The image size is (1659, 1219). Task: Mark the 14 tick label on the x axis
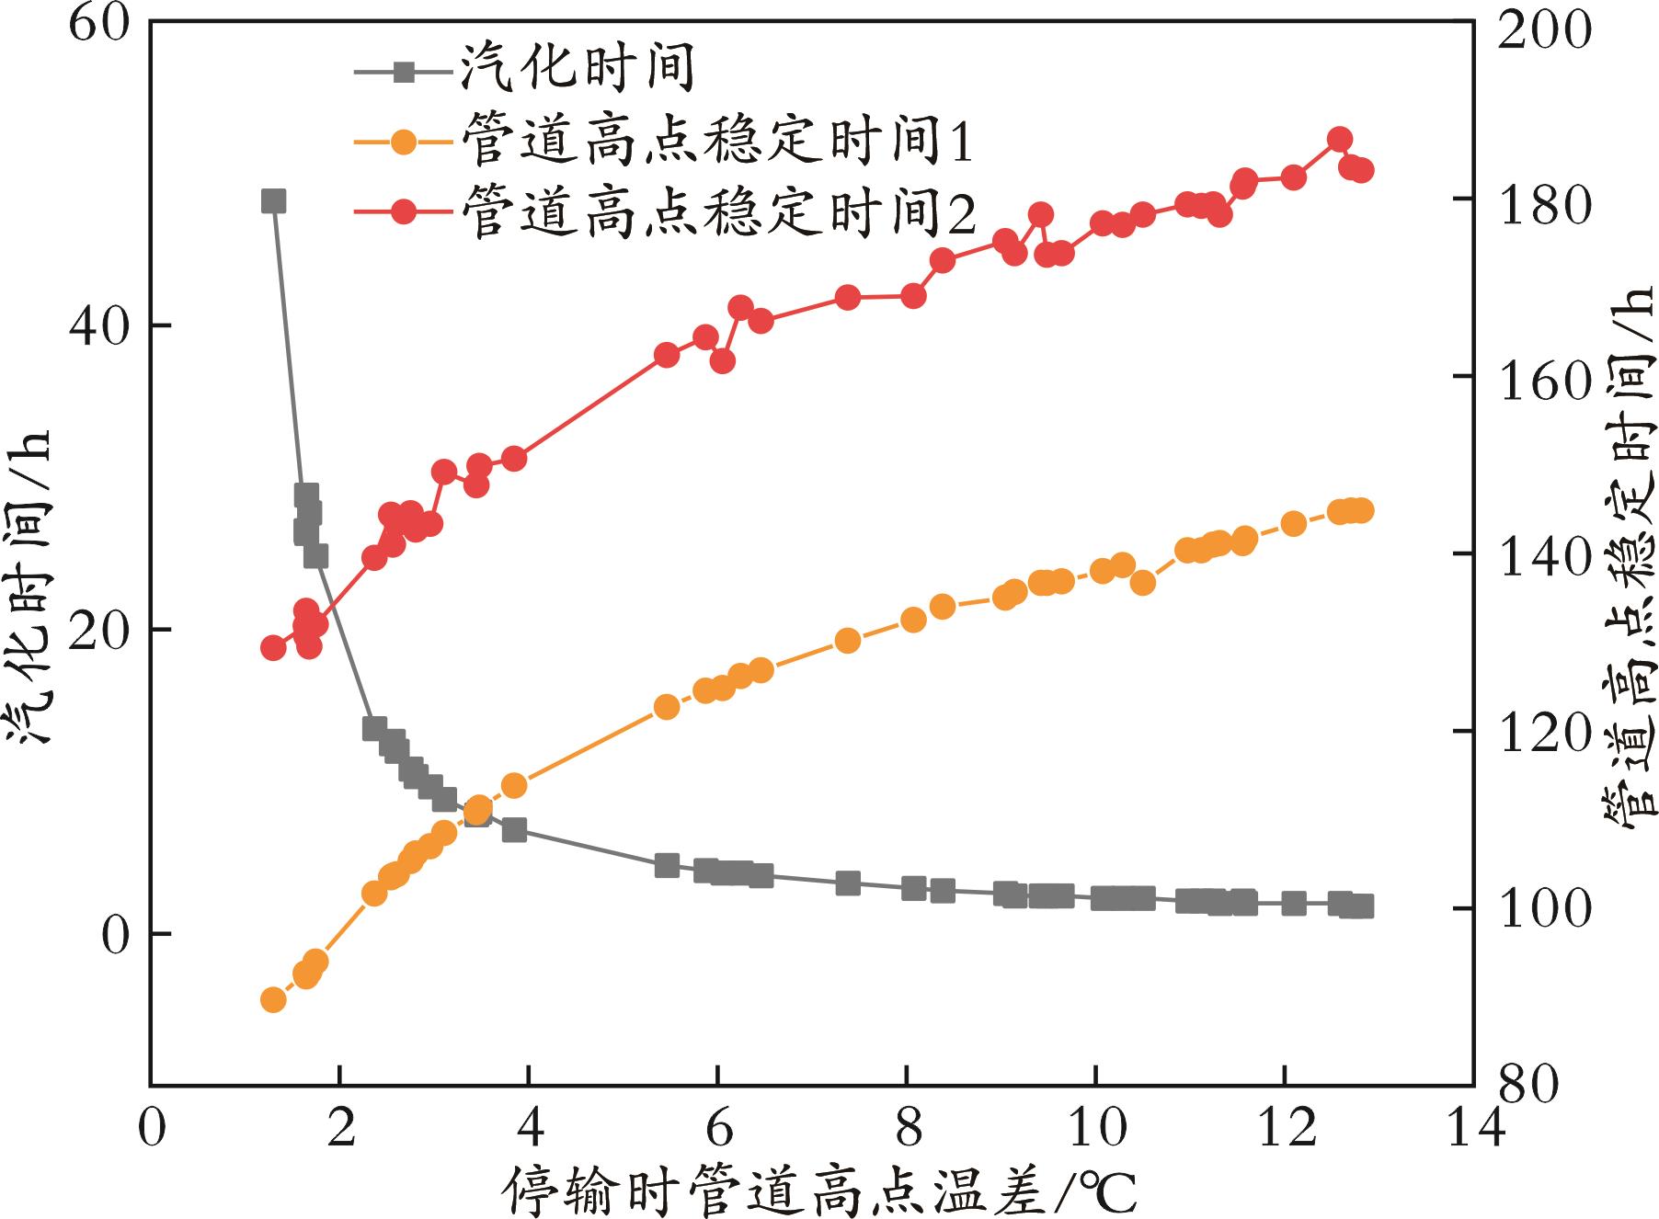tap(1473, 1127)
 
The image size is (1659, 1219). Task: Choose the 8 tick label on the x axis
tap(907, 1127)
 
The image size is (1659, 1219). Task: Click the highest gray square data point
tap(273, 201)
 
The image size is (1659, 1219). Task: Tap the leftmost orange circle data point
tap(273, 1000)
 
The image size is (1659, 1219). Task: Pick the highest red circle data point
tap(1339, 140)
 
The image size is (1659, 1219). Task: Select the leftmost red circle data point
tap(273, 648)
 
